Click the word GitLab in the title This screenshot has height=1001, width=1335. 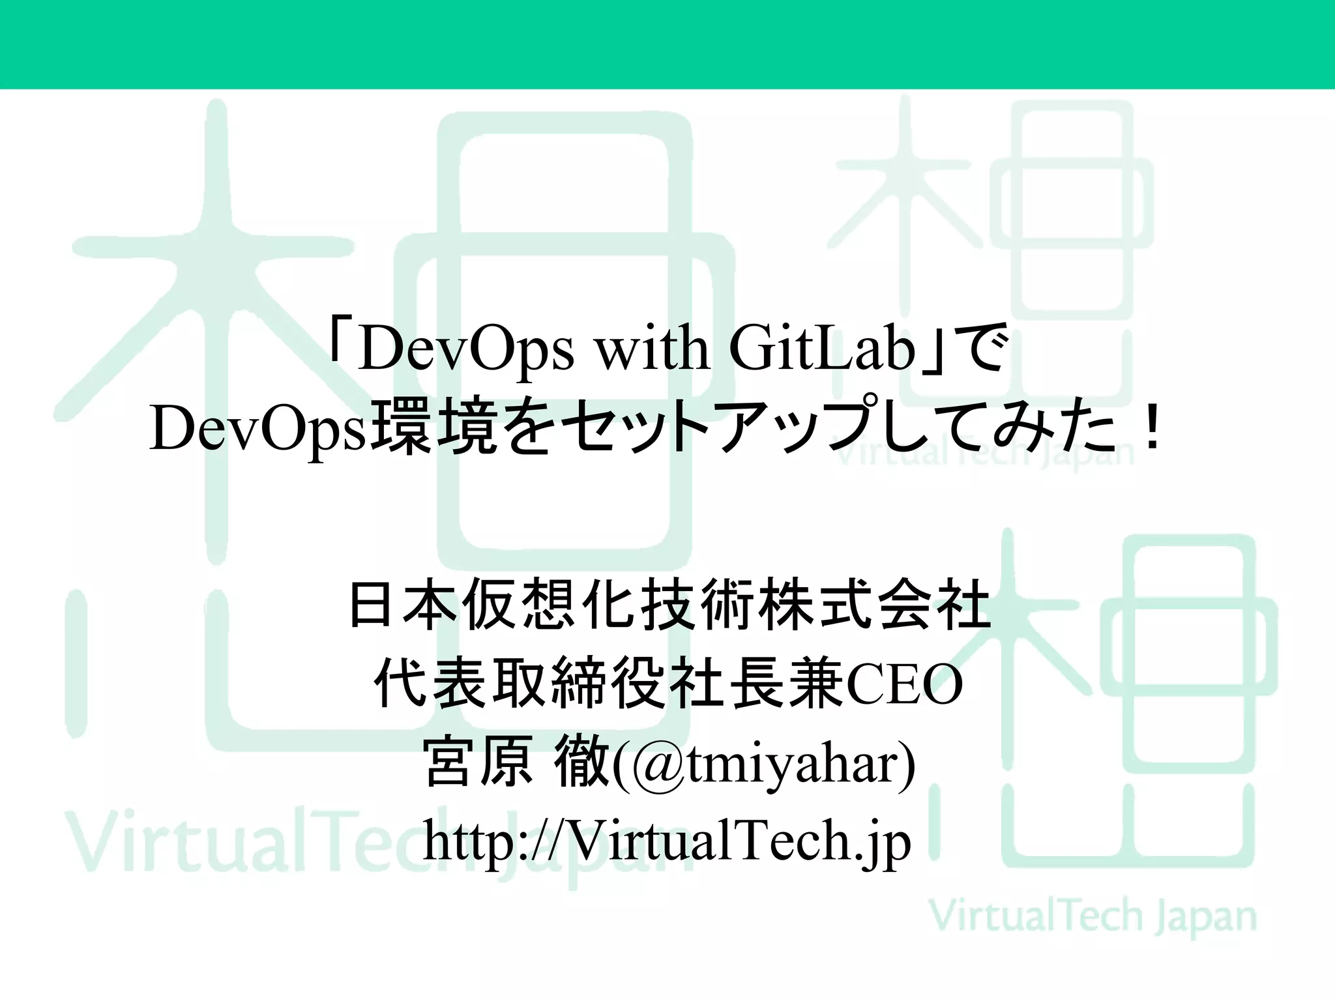tap(823, 350)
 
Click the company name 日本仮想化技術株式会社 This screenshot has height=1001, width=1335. tap(670, 605)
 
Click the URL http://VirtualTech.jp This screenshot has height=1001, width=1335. tap(667, 841)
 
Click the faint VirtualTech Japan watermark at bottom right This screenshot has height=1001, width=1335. tap(1092, 916)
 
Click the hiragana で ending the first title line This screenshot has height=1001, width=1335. tap(985, 350)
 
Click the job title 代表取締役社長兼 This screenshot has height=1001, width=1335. tap(609, 684)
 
